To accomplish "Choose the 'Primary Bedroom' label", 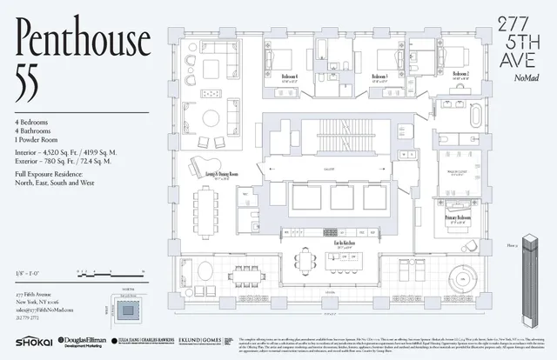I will point(459,217).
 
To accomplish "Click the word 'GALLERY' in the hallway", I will point(328,171).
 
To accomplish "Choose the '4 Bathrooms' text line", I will point(39,132).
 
